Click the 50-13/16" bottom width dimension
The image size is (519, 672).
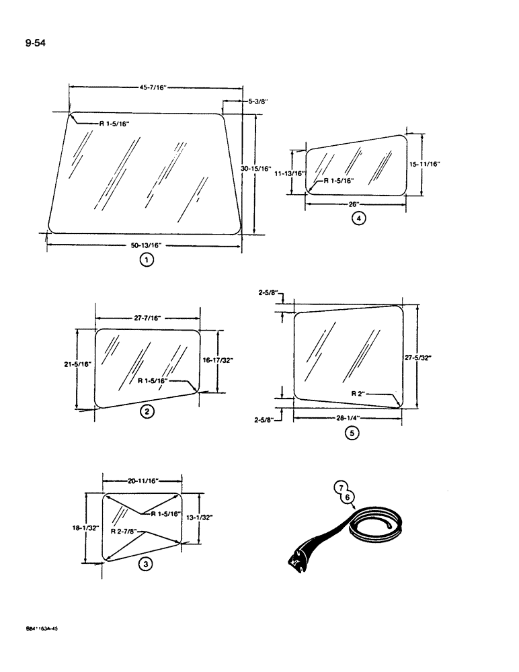146,246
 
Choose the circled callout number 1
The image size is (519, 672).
146,261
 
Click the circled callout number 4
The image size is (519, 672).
360,218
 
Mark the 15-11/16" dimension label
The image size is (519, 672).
424,163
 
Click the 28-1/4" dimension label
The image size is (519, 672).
348,417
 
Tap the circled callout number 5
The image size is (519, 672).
352,433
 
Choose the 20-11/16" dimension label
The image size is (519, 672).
143,481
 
